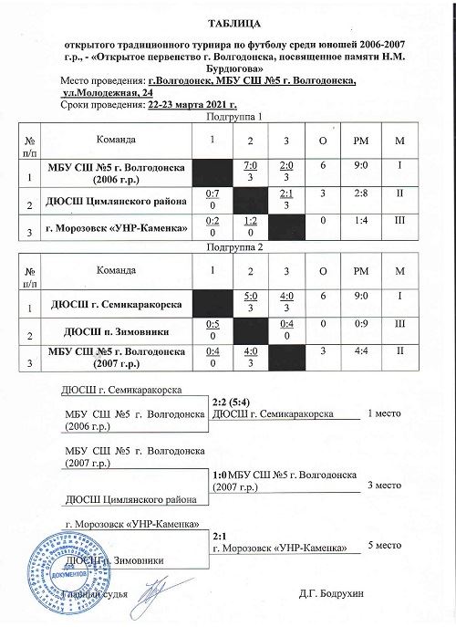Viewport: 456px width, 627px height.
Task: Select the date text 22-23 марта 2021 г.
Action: [x=184, y=105]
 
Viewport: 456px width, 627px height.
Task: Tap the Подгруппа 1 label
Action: [x=234, y=117]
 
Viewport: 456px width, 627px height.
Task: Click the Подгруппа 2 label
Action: [x=234, y=247]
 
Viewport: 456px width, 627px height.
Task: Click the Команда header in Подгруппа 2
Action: [x=117, y=271]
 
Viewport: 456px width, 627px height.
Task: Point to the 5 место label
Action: [x=383, y=545]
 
